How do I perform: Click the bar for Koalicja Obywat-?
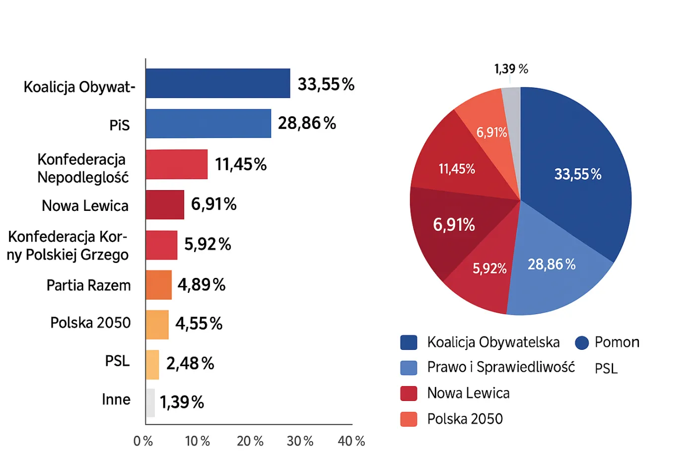tap(217, 83)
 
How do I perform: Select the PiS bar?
tap(208, 124)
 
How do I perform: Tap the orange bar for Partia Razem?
tap(159, 285)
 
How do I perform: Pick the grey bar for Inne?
tap(150, 402)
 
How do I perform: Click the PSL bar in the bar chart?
tap(152, 365)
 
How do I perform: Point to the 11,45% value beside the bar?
tap(241, 164)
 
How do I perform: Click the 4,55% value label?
tap(199, 324)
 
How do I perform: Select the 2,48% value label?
tap(190, 364)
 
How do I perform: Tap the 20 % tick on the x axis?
tap(250, 441)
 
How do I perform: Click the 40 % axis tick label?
tap(351, 441)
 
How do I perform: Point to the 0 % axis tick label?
tap(143, 441)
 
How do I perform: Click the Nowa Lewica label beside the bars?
tap(85, 205)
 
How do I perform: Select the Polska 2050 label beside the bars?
tap(90, 323)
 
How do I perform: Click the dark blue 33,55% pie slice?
tap(576, 164)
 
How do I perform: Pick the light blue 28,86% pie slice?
tap(556, 278)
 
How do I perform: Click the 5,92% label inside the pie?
tap(489, 268)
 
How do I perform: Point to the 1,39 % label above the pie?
tap(511, 68)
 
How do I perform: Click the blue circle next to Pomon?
tap(582, 342)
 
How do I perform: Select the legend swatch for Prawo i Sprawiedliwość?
tap(409, 368)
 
